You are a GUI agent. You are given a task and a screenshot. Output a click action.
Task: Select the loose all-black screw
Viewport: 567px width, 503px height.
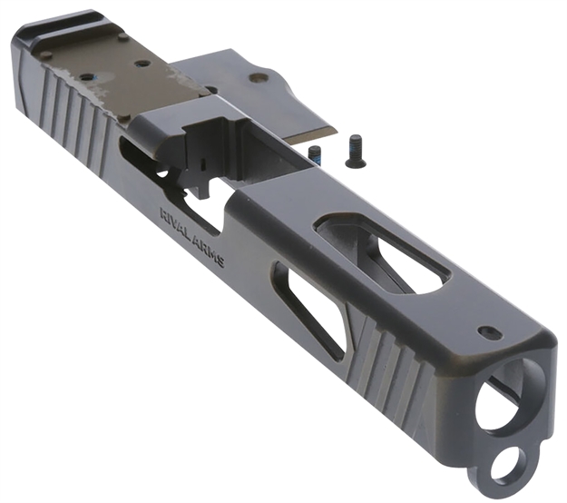(353, 151)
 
